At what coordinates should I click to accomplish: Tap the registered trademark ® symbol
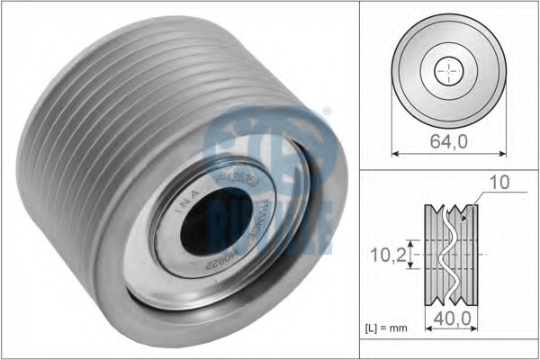point(327,112)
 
